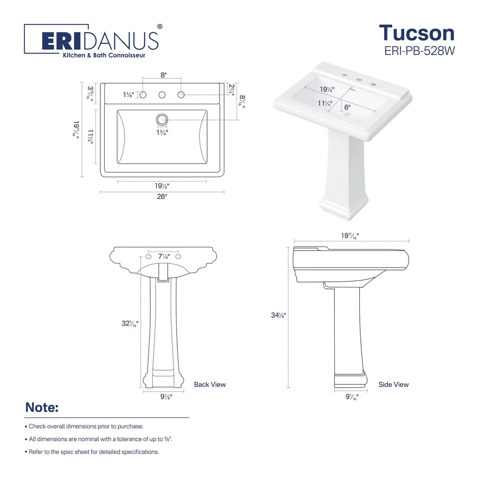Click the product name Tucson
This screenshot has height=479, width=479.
417,33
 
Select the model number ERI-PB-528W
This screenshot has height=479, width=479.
420,50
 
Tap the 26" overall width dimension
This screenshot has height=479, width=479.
162,197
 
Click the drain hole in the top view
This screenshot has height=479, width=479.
162,119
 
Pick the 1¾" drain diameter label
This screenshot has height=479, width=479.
162,133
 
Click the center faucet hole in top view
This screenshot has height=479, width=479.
162,95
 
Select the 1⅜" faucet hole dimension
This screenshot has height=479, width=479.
129,95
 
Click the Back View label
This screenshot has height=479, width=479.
210,384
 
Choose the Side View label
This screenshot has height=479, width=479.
393,384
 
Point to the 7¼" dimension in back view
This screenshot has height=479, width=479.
164,256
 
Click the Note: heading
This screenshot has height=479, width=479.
42,408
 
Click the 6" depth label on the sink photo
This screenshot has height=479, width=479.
347,106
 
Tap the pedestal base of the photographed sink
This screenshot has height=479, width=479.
344,207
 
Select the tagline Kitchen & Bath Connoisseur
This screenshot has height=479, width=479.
103,55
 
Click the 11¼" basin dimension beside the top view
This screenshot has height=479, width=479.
90,137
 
